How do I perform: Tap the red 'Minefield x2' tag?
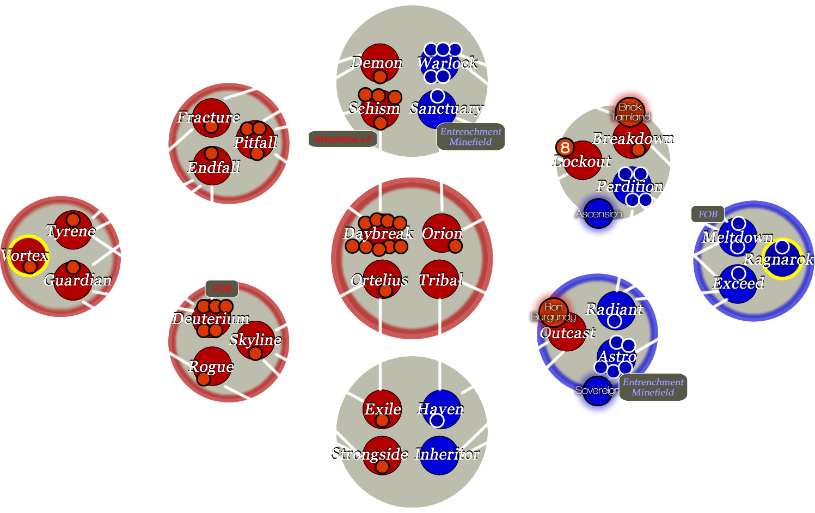pos(342,139)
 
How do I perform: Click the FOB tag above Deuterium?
pos(222,289)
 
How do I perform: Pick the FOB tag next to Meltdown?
pos(708,214)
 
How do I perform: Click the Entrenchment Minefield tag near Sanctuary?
pos(471,137)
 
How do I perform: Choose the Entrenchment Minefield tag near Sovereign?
pos(653,387)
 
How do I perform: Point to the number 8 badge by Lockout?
pos(565,148)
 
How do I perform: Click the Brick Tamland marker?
pos(630,112)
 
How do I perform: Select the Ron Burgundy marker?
pos(553,312)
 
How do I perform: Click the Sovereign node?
pos(597,390)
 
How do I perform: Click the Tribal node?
pos(439,280)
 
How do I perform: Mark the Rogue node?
pos(212,366)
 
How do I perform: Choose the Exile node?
pos(382,409)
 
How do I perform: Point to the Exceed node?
pos(738,283)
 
